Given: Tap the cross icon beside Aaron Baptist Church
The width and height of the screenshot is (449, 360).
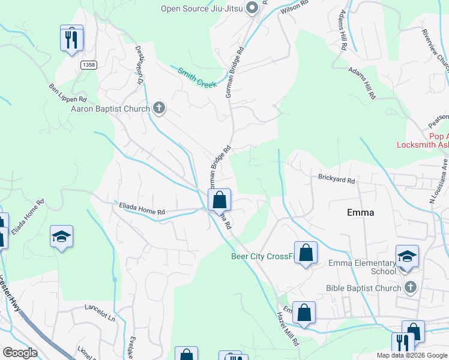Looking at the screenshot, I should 159,108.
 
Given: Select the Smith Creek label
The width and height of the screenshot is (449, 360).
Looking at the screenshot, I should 196,77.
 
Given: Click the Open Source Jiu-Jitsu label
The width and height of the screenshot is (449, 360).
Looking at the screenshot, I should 201,8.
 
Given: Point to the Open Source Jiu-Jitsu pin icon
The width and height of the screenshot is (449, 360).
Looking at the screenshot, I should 252,8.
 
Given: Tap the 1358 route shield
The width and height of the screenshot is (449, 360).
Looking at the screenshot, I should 89,65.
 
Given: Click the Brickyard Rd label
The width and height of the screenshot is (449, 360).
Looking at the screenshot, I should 337,179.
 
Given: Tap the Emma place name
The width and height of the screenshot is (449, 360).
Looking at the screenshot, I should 361,212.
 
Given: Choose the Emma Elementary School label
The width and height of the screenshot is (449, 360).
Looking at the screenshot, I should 362,267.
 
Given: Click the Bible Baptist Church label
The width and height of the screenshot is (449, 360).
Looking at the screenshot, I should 363,288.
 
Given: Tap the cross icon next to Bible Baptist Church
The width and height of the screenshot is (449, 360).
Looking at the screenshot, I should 411,287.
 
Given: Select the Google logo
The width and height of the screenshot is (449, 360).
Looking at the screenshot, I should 20,353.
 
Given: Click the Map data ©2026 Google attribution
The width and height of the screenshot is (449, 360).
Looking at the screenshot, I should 412,355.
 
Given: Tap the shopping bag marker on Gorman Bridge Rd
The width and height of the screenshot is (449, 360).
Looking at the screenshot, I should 220,199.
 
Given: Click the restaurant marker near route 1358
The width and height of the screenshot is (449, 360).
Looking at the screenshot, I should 71,39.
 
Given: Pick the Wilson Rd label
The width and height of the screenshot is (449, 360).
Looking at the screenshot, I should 294,7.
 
